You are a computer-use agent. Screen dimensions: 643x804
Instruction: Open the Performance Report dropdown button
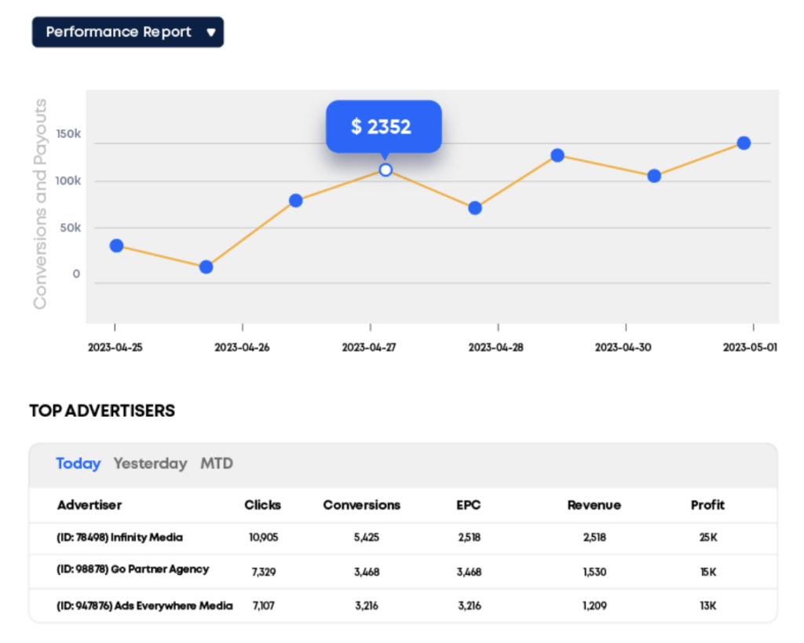point(128,32)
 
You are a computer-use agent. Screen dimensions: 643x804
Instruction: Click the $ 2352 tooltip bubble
point(383,126)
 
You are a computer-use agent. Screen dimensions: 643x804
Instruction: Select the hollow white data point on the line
point(386,170)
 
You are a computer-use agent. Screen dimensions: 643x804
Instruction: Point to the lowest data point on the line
point(206,267)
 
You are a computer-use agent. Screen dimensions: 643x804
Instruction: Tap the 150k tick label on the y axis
point(68,134)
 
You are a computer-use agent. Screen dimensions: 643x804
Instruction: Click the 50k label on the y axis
point(71,228)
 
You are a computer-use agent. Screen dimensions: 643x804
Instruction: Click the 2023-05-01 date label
point(750,347)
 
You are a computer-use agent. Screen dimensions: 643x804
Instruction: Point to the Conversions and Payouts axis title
point(40,204)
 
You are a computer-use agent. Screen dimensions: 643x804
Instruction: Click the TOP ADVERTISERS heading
point(102,411)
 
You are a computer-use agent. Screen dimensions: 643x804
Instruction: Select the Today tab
point(78,463)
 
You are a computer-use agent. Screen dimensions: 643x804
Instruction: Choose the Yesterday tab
point(150,463)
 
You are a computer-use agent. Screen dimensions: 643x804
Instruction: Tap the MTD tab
point(217,463)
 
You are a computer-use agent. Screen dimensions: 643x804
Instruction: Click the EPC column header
point(468,505)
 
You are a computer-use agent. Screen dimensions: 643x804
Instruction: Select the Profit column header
point(707,505)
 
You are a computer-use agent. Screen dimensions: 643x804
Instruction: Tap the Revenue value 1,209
point(594,605)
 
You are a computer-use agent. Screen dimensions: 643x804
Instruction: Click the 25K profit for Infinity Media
point(707,538)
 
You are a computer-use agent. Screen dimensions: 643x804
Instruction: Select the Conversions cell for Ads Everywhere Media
point(366,605)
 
